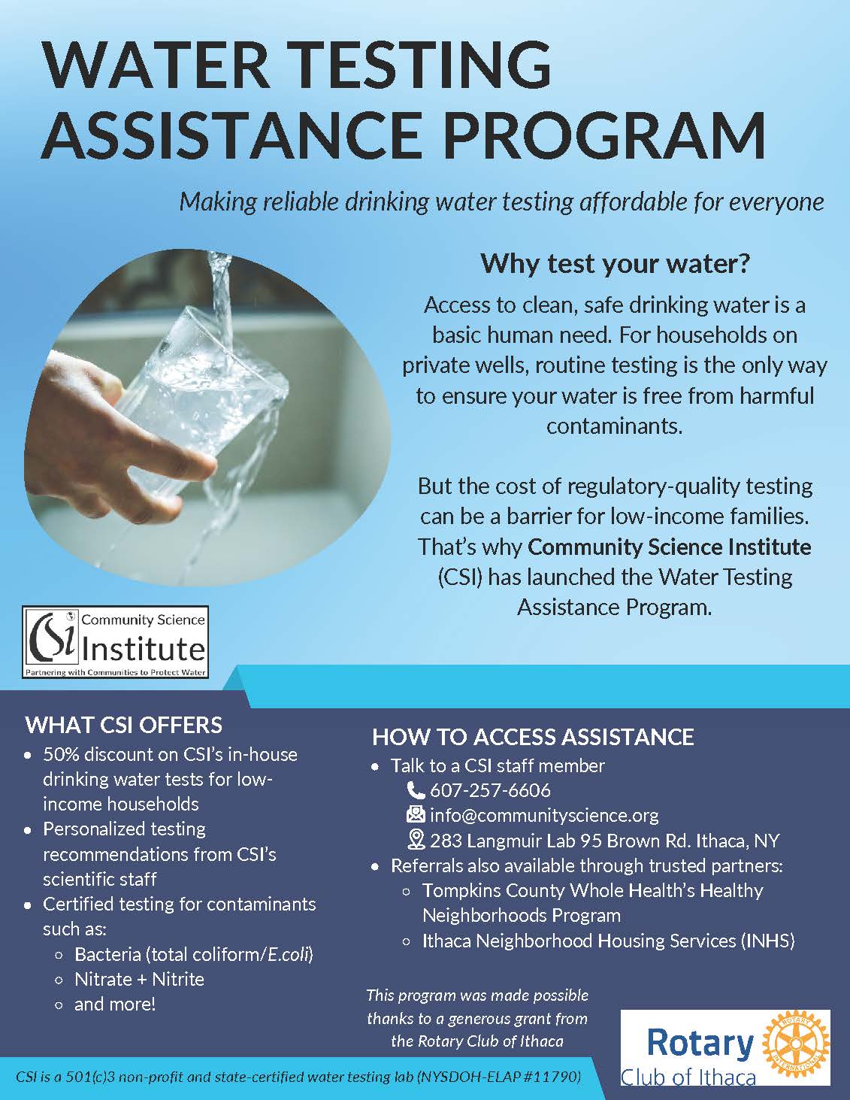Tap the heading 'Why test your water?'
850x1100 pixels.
click(x=616, y=264)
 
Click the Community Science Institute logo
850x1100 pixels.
click(x=116, y=642)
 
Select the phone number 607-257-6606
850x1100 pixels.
click(x=490, y=790)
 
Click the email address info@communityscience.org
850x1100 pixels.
click(x=544, y=815)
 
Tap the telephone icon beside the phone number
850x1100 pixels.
click(x=416, y=790)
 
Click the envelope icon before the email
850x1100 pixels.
click(x=416, y=815)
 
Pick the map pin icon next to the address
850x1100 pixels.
click(x=416, y=840)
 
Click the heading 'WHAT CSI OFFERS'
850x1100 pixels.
click(x=124, y=725)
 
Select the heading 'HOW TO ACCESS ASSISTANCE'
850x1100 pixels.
click(x=533, y=737)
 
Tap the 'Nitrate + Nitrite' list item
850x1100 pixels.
click(x=139, y=979)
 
